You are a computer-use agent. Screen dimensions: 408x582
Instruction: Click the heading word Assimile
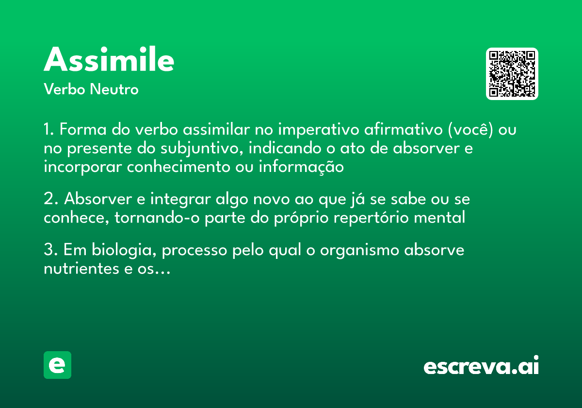pos(109,60)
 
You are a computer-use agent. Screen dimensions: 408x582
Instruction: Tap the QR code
pos(512,74)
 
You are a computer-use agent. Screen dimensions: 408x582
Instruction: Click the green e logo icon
pos(57,365)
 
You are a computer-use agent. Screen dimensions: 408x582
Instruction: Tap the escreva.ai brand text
pos(481,366)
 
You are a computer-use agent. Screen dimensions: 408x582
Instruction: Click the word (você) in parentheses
pos(469,130)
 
